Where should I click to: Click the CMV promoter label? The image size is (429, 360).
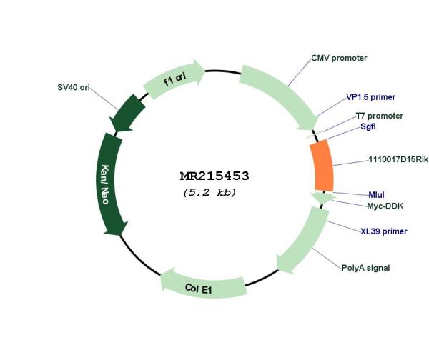coord(339,58)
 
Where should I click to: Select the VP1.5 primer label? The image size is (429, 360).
coord(370,97)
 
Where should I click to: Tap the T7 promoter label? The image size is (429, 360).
coord(379,116)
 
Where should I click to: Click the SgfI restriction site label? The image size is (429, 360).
coord(368,126)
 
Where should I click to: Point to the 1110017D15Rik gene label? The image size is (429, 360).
coord(398,159)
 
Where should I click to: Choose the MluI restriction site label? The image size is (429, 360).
coord(377,195)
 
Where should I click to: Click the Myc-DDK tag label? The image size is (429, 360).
coord(385,206)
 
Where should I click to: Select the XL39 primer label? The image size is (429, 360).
coord(384,231)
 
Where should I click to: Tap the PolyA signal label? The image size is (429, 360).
coord(366,268)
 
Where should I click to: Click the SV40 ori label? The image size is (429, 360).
coord(74,87)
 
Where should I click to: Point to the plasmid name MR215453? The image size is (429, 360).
coord(214,176)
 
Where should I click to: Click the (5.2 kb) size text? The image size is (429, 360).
coord(209,192)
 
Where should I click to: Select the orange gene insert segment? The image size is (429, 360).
coord(322,166)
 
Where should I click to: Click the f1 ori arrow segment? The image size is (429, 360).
coord(174,79)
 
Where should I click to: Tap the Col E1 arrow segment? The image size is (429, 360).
coord(203,285)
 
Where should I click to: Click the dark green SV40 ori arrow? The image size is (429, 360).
coord(127,113)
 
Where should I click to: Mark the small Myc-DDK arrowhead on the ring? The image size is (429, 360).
coord(323,197)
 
